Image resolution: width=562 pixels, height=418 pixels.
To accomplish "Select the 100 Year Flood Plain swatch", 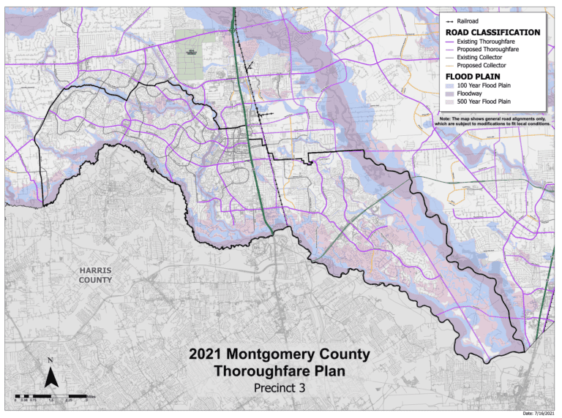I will [449, 86].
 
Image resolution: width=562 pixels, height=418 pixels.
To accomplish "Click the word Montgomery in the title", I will [269, 355].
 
